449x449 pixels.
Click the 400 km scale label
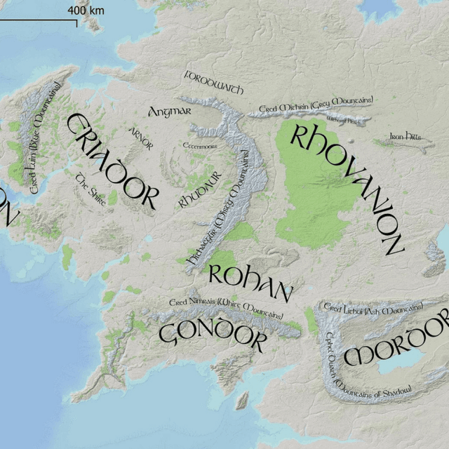click(86, 11)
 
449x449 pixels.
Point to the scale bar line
click(39, 22)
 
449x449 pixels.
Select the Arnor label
click(140, 138)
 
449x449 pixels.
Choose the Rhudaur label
click(201, 189)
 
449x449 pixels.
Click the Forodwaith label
click(213, 82)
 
